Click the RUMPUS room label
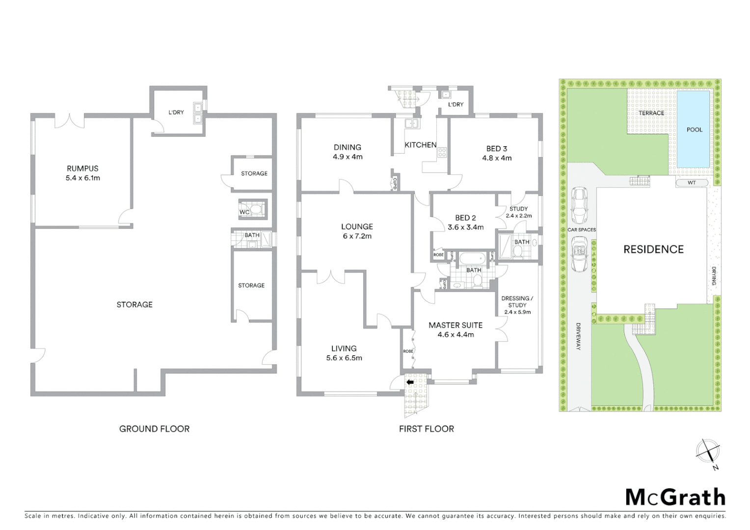click(x=82, y=168)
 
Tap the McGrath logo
click(x=675, y=497)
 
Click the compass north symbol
click(x=708, y=450)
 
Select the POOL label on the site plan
click(x=694, y=130)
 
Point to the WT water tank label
click(x=691, y=183)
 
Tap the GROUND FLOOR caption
click(x=154, y=428)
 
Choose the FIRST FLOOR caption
click(x=426, y=428)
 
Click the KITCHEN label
click(x=420, y=145)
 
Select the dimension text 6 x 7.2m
click(x=357, y=236)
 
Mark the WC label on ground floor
click(x=244, y=212)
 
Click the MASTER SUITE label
click(x=455, y=325)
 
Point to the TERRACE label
click(x=651, y=113)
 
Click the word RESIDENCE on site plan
click(x=653, y=249)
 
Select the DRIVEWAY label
click(x=578, y=336)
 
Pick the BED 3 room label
click(x=496, y=148)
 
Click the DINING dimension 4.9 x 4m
click(x=347, y=157)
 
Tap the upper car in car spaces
click(x=580, y=205)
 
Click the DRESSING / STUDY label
click(x=517, y=301)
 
